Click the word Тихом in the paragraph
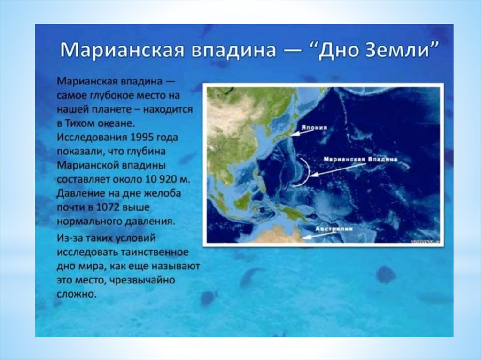tap(80, 123)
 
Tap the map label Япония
tap(314, 128)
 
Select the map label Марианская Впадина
tap(360, 160)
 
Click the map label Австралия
tap(334, 230)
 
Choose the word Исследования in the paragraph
tap(92, 137)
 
